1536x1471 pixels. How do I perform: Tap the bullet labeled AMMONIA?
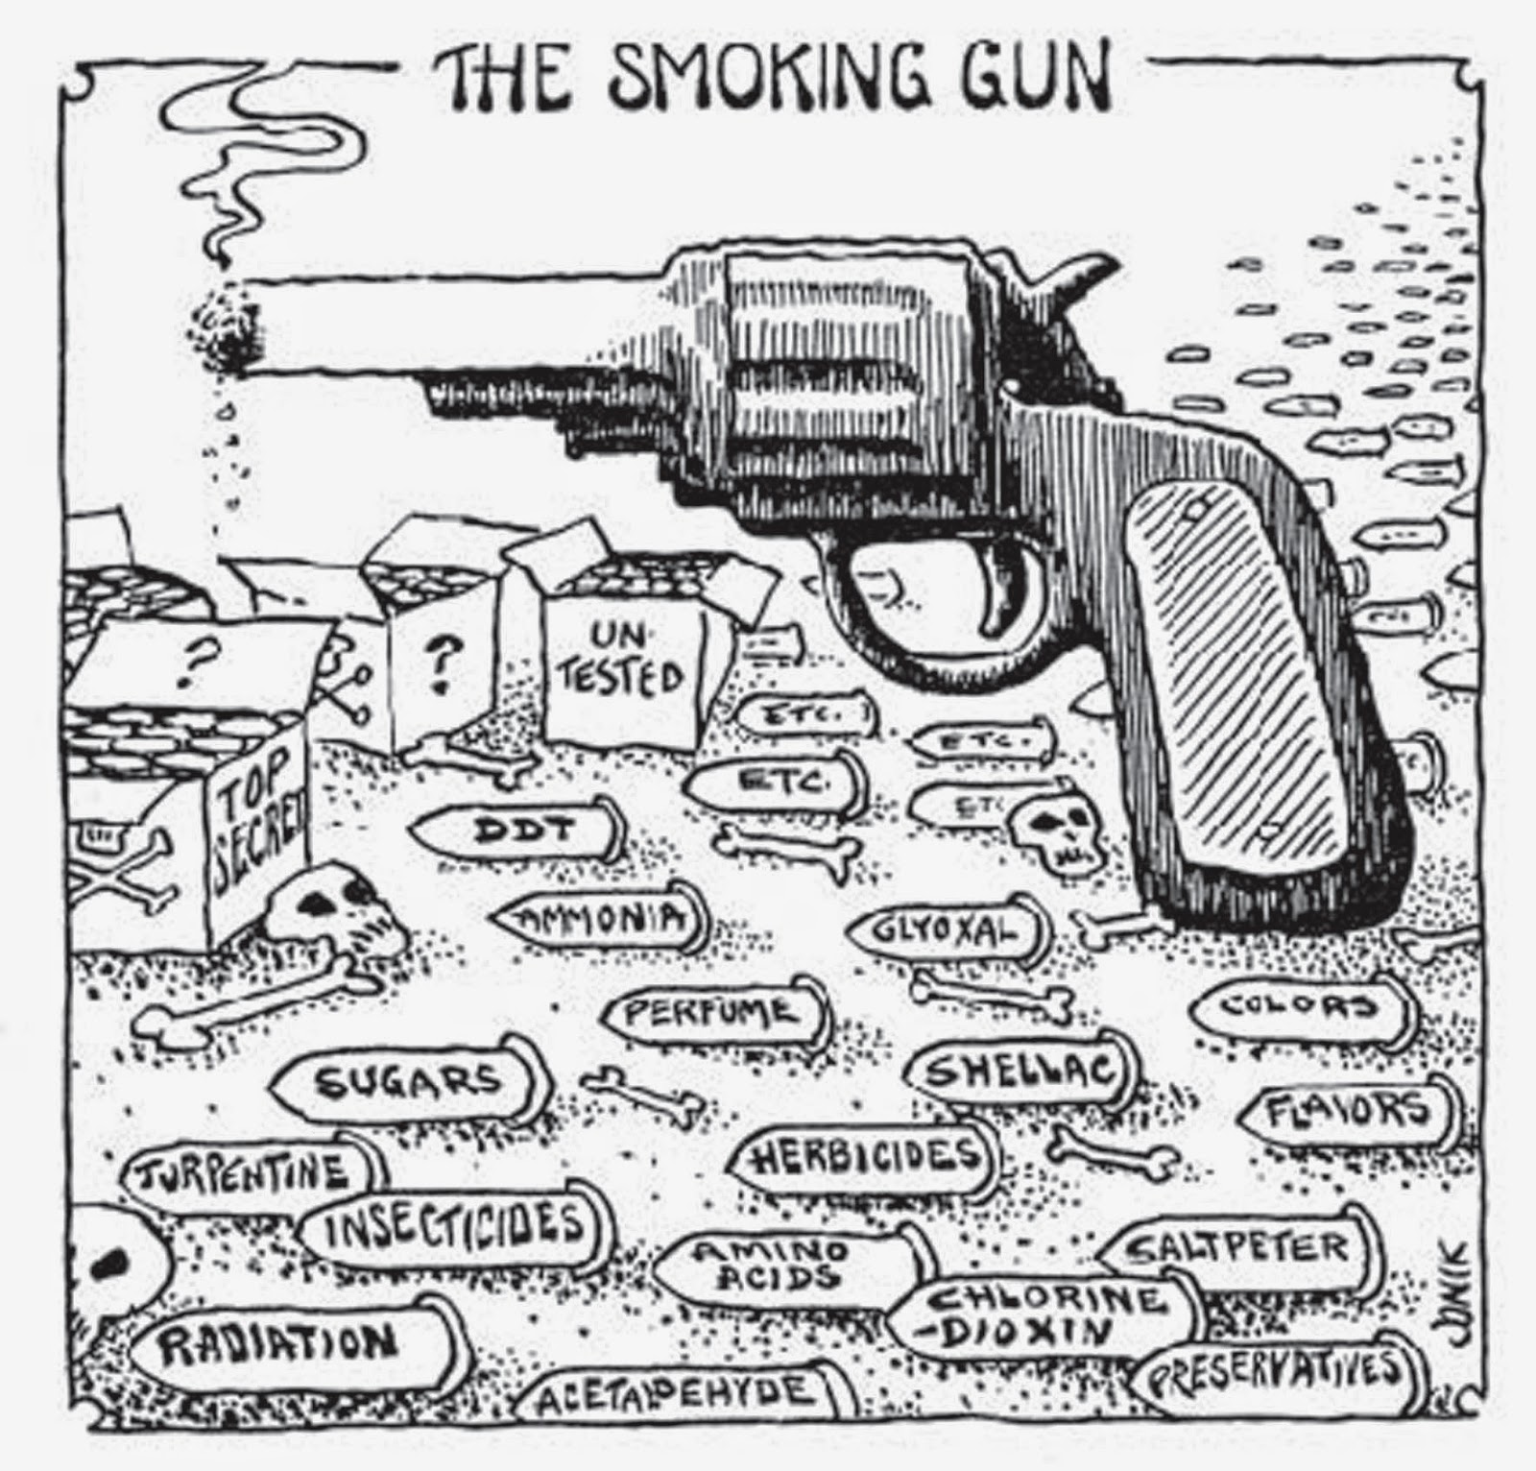[600, 919]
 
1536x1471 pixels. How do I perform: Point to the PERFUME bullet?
[716, 1012]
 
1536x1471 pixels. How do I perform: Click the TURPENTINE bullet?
[250, 1172]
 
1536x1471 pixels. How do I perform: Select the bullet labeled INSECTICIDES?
[451, 1229]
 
